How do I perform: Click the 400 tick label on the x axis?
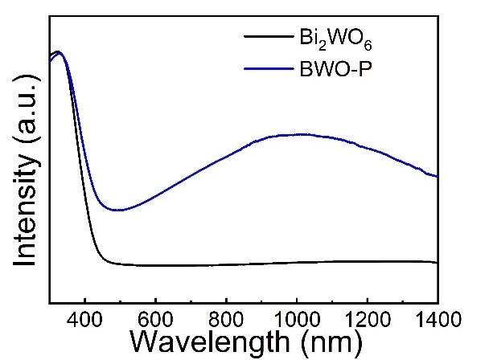coord(85,319)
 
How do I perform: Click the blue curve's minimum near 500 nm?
coord(118,210)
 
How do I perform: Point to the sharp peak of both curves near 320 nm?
coord(58,53)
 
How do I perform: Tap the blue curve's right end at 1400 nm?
coord(436,176)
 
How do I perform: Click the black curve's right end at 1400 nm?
coord(436,262)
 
